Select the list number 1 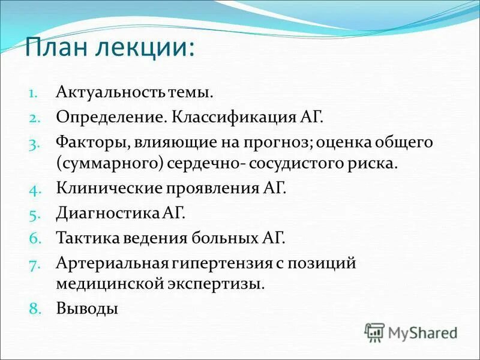pos(34,94)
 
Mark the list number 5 pos(34,213)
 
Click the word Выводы pos(86,308)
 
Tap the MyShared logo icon pos(374,332)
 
